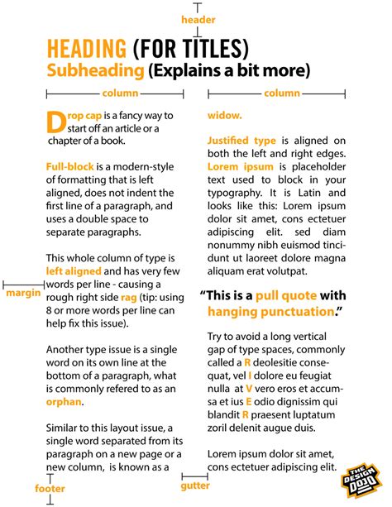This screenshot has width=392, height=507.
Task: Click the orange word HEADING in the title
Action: click(87, 47)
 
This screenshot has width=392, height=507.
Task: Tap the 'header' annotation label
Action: click(198, 19)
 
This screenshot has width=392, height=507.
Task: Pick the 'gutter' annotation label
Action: click(195, 487)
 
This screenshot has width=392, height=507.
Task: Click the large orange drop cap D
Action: click(55, 122)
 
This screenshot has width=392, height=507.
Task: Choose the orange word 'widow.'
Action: click(225, 114)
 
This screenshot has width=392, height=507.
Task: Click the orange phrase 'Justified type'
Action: click(241, 141)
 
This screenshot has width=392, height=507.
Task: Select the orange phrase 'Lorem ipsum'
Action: click(234, 168)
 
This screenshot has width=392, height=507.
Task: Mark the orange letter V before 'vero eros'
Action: click(249, 387)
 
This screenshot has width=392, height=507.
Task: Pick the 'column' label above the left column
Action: click(117, 93)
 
